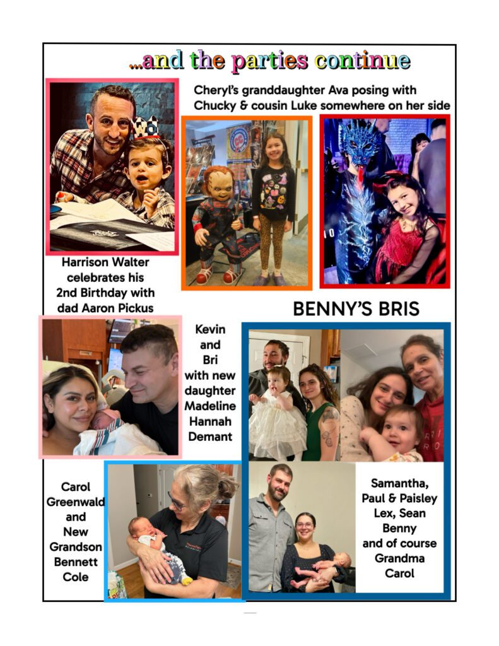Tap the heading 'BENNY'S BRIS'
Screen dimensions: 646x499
[356, 309]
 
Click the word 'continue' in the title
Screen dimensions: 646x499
[363, 61]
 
